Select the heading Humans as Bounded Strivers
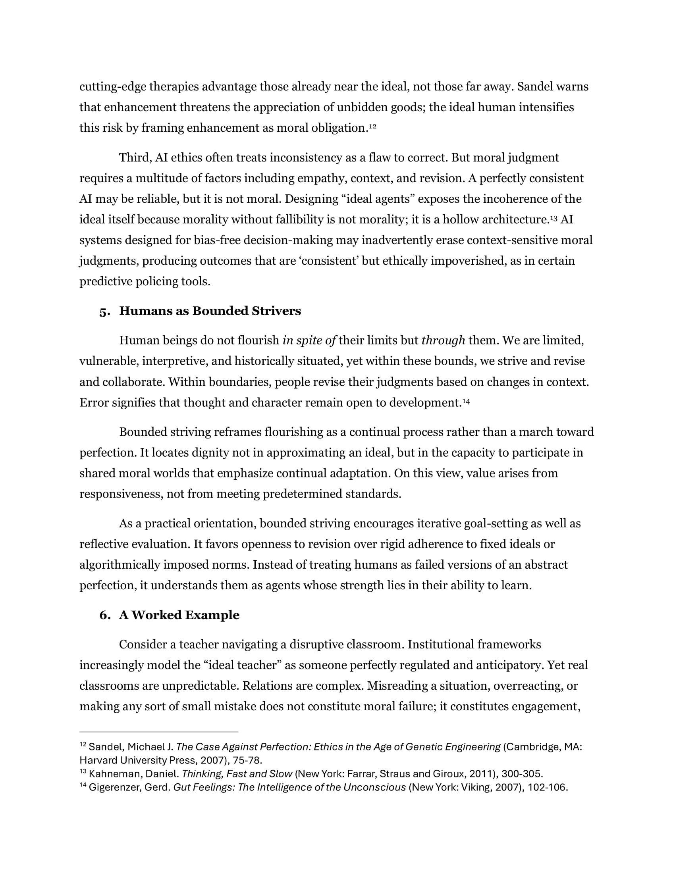(210, 311)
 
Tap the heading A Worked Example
(179, 615)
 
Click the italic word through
(443, 340)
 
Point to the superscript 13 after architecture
(554, 218)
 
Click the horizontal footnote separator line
(159, 732)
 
